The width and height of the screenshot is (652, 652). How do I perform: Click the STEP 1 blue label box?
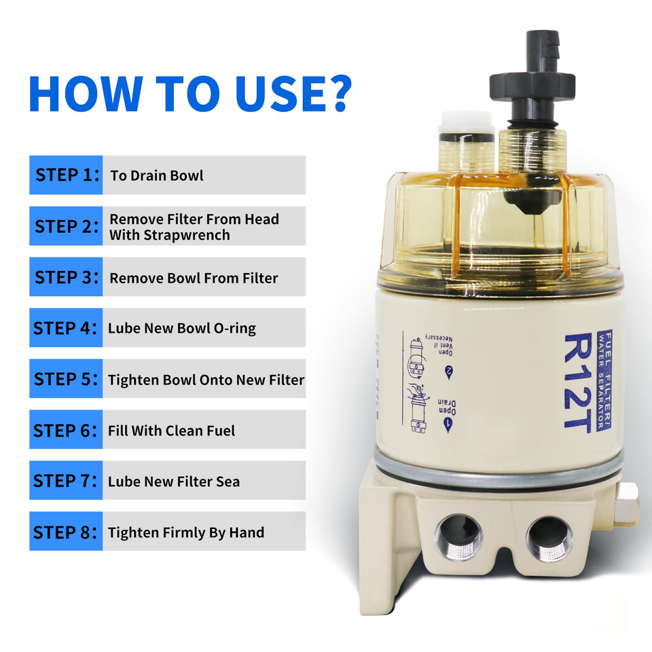point(66,175)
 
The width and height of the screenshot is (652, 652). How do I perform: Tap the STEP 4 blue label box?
point(66,328)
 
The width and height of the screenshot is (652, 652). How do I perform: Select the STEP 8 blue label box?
point(66,532)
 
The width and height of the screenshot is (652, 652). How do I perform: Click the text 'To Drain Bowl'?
point(156,176)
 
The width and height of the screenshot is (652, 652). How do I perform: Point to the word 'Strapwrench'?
point(170,235)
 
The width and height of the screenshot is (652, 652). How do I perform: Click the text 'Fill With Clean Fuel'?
point(171,431)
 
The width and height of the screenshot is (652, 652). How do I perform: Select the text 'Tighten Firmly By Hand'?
point(185,532)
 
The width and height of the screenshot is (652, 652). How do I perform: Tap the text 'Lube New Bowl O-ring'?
point(181,329)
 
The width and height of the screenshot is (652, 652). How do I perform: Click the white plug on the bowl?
point(466,123)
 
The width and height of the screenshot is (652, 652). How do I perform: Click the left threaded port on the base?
point(460,537)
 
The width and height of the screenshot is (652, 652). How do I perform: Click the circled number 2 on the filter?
point(448,374)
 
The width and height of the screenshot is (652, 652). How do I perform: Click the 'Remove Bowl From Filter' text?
point(194,278)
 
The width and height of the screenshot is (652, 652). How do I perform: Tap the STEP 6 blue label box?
point(66,430)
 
